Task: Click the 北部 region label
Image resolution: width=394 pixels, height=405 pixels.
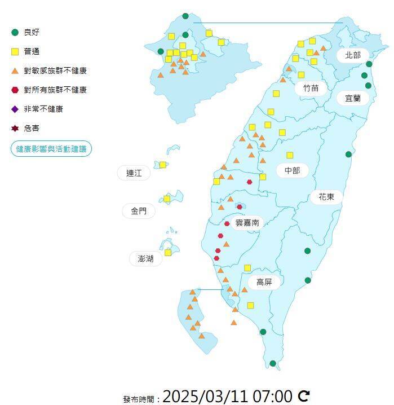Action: point(353,55)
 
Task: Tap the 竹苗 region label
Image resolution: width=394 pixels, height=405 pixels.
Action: point(311,88)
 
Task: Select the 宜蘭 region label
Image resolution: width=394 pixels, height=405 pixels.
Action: point(353,98)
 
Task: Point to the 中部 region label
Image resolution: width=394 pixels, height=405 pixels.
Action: point(292,170)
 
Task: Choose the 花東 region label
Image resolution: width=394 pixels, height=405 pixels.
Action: point(326,197)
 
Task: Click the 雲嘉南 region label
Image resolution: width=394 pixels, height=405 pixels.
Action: point(247,223)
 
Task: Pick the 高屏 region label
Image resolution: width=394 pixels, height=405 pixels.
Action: point(264,281)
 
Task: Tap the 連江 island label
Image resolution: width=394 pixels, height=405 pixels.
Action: point(134,173)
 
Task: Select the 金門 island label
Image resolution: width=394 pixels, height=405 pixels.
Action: point(139,211)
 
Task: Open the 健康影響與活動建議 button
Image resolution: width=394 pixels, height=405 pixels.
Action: point(51,149)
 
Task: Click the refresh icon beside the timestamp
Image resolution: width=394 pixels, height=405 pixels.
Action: point(304,396)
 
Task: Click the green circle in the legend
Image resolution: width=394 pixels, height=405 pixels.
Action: point(15,32)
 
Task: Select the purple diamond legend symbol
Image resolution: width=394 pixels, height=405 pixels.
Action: point(15,109)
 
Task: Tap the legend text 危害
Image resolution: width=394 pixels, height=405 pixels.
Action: point(32,129)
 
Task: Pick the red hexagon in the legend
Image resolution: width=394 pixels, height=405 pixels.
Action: point(15,90)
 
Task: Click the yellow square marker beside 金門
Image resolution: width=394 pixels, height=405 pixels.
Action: point(167,199)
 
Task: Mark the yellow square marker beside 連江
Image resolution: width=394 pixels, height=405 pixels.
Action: point(163,165)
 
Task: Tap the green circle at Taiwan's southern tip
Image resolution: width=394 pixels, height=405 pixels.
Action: point(273,364)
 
